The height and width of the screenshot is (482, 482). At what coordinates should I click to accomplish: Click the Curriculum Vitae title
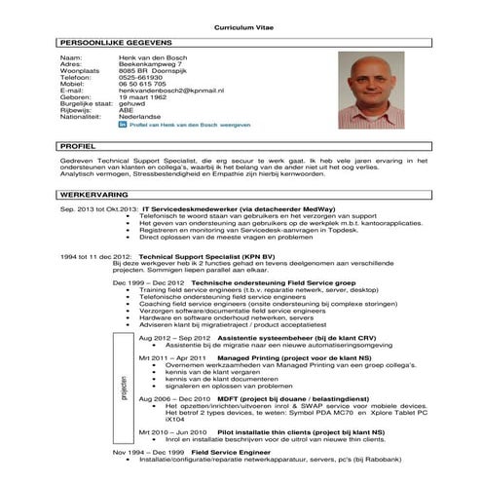[240, 29]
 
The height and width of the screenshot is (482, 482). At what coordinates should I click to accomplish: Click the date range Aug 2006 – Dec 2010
[173, 399]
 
